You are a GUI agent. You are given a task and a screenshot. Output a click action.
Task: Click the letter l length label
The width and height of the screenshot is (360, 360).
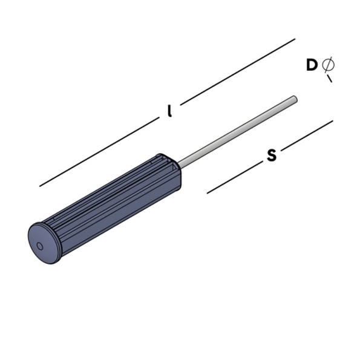click(170, 111)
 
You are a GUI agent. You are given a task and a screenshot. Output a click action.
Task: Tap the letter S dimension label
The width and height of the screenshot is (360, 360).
click(272, 155)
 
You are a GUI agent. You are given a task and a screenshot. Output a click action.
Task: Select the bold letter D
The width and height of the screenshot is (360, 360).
click(312, 65)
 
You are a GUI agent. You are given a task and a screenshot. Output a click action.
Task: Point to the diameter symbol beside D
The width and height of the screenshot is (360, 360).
click(328, 64)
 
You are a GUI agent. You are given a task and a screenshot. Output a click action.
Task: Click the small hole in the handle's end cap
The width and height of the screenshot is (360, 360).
click(40, 246)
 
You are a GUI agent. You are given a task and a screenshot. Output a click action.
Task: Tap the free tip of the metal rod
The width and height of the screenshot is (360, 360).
click(294, 98)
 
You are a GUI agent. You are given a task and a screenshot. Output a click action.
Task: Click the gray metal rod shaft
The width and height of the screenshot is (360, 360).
click(236, 129)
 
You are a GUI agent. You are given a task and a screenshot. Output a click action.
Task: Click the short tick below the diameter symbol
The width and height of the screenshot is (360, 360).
click(329, 79)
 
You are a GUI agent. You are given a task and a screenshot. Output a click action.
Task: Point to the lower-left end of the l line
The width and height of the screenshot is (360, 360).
click(41, 186)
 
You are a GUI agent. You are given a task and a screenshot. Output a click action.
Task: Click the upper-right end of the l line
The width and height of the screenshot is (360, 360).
click(295, 39)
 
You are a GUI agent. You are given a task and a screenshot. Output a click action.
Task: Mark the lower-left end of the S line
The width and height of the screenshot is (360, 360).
click(208, 194)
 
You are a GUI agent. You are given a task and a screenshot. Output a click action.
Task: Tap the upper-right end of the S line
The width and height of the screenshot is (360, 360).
click(332, 120)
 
